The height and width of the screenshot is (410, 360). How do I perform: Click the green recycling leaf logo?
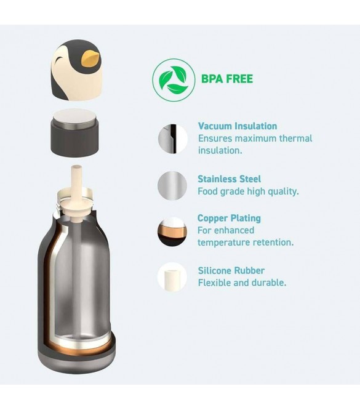coord(174,80)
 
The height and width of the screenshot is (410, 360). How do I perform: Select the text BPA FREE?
coord(227,79)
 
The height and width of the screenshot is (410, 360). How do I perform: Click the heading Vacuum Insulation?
coord(238,126)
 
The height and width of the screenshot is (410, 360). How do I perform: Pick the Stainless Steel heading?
coord(229,179)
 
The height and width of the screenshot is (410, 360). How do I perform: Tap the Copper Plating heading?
coord(229,218)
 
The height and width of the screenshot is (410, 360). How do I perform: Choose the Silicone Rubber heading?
coord(231,270)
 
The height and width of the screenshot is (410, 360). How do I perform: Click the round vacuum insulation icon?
coord(172,139)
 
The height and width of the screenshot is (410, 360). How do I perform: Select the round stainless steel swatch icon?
coord(172,186)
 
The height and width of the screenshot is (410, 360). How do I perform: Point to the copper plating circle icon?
coord(172,231)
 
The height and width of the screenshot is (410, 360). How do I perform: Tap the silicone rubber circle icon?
coord(172,278)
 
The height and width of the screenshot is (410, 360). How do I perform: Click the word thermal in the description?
coord(295,139)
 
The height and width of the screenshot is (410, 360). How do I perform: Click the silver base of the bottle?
coord(76,363)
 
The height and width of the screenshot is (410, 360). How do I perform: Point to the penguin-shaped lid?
coord(76,70)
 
